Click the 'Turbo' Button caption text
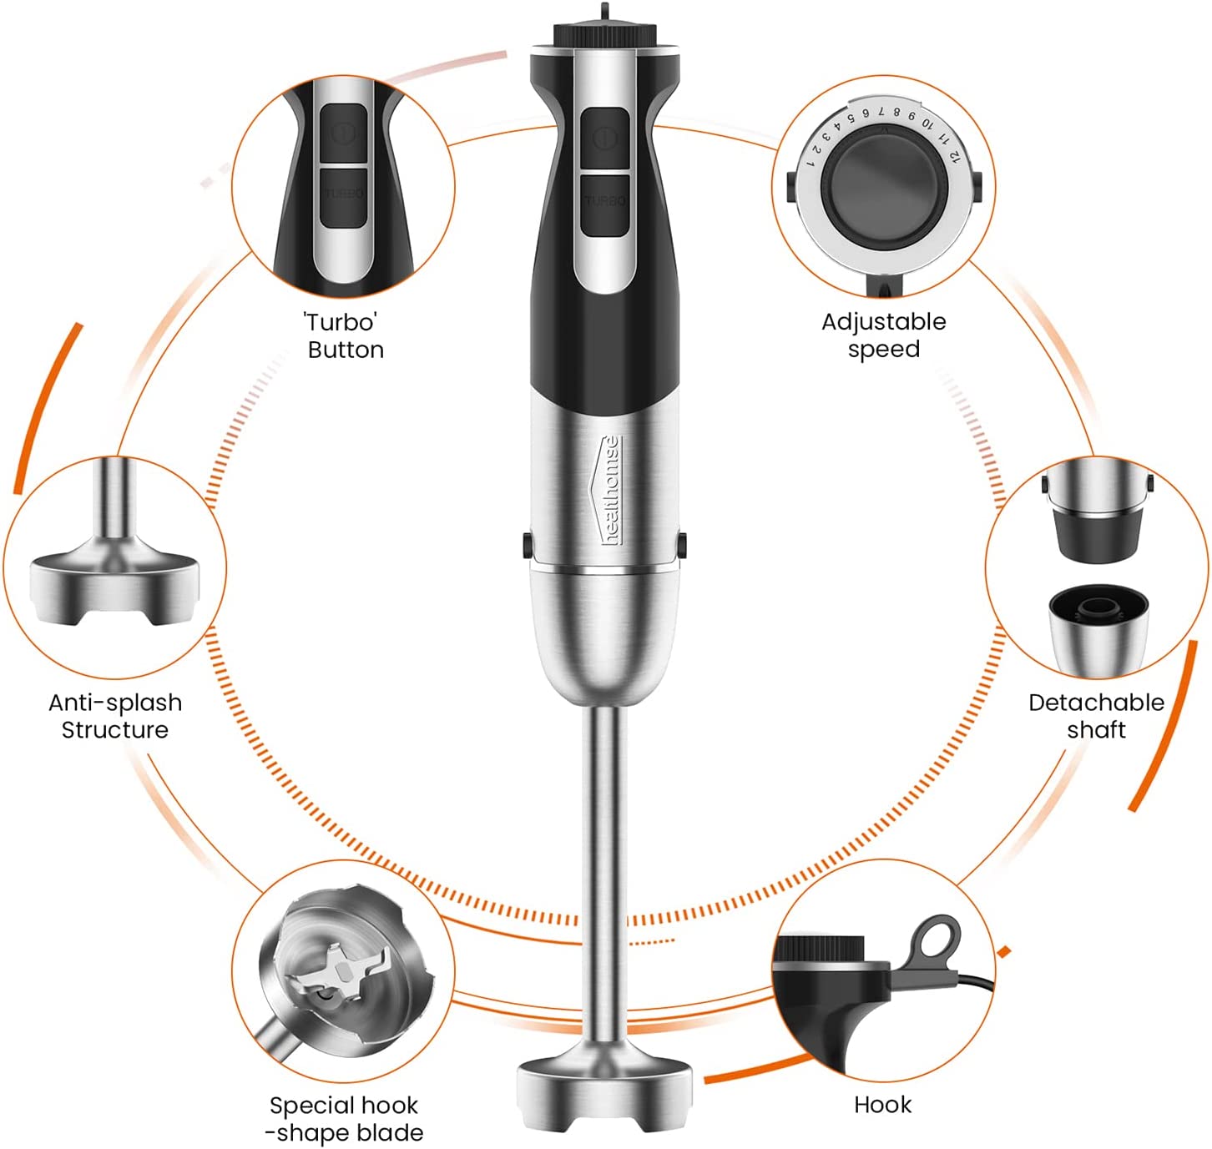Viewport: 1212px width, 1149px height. (x=345, y=335)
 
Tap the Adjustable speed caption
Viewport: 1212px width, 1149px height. (x=883, y=335)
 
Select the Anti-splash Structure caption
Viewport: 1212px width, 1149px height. (x=115, y=716)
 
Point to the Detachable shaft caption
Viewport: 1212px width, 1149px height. (x=1095, y=716)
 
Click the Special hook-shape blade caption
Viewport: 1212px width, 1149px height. (x=344, y=1119)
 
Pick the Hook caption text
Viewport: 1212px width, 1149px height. (x=882, y=1105)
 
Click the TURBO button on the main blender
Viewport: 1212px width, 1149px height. (x=604, y=204)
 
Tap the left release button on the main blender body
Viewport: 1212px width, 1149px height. (x=528, y=546)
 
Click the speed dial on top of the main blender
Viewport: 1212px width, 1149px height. (x=603, y=36)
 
